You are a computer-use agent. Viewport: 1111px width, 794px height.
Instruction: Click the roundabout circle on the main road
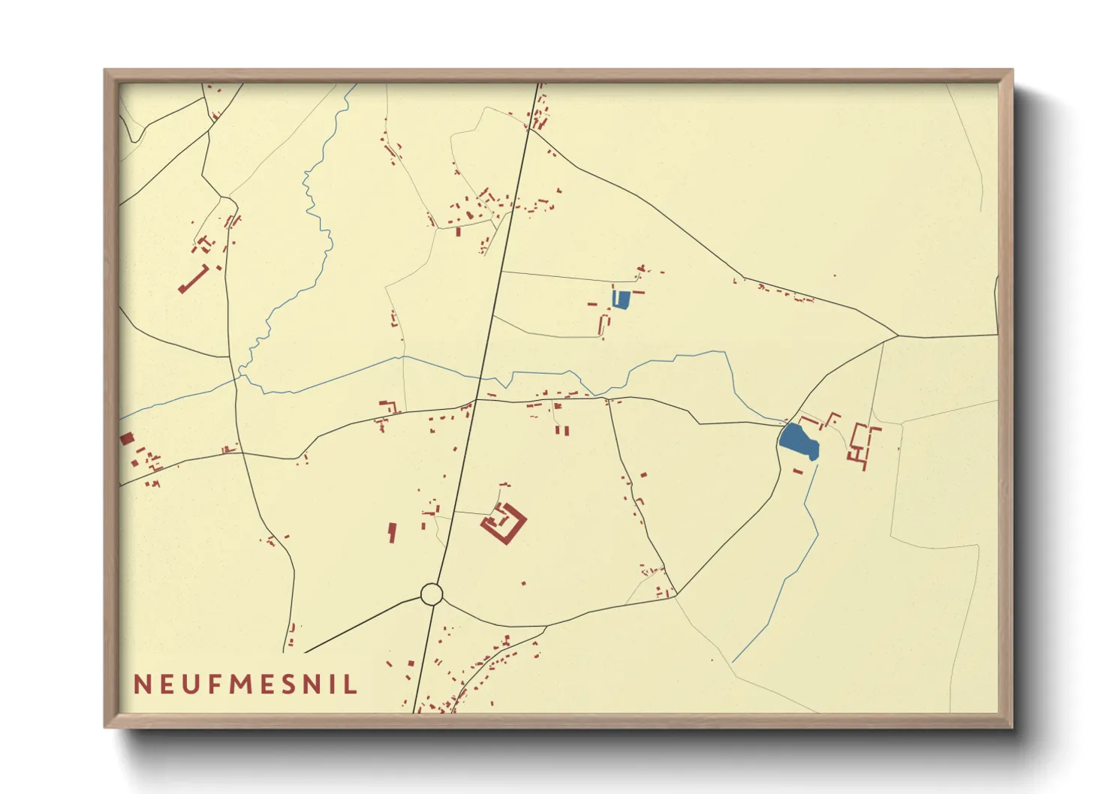[431, 594]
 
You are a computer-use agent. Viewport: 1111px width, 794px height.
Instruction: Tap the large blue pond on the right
[799, 441]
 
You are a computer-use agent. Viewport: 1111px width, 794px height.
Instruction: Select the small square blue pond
[620, 299]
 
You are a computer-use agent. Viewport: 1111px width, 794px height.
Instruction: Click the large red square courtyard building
[504, 522]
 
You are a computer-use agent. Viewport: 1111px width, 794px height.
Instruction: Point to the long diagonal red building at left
[194, 278]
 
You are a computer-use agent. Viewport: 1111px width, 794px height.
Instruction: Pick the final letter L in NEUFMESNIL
[351, 684]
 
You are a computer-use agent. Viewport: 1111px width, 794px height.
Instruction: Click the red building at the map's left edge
[127, 438]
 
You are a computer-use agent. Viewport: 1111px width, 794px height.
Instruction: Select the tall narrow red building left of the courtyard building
[391, 533]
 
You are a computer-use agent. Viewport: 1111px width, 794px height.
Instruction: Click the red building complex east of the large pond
[862, 445]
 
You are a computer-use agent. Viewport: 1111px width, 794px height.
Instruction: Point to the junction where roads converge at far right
[897, 335]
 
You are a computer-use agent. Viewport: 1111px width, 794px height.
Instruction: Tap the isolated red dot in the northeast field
[835, 275]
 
